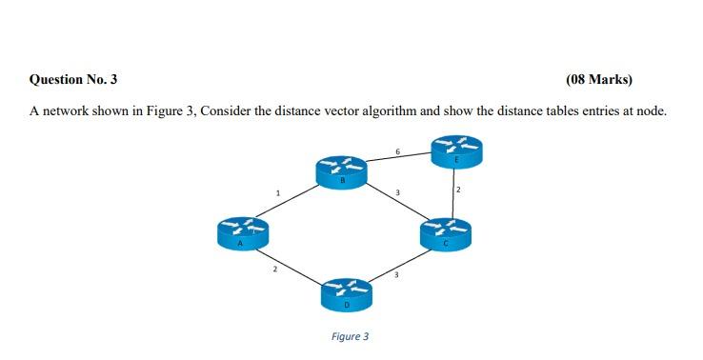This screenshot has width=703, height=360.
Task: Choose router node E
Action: pos(456,150)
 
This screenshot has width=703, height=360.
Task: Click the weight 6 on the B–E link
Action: pos(397,150)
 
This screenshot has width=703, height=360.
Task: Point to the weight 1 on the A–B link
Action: pos(277,194)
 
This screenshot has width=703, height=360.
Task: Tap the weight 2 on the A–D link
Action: pos(275,270)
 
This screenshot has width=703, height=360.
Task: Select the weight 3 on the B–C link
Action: pos(398,195)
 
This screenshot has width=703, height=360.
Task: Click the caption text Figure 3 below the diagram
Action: pos(350,336)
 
